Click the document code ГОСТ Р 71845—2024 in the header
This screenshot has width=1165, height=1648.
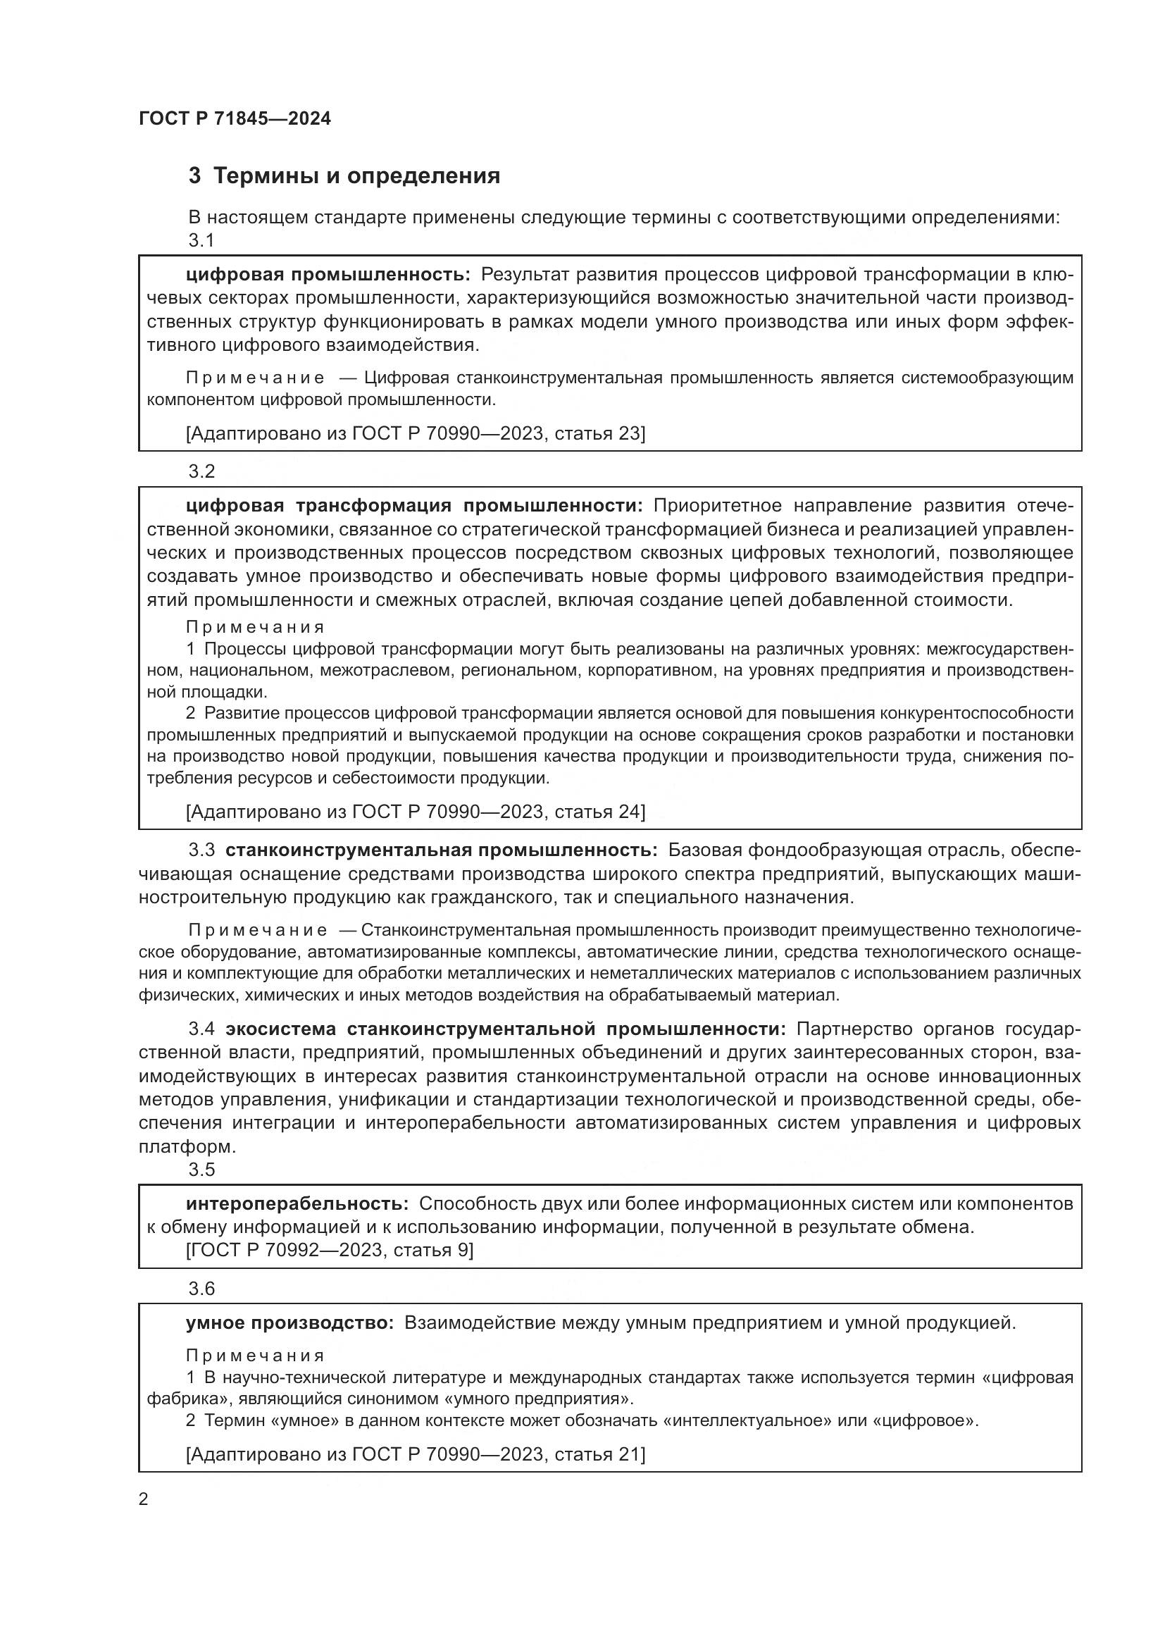coord(235,119)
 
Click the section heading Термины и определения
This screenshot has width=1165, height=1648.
coord(344,176)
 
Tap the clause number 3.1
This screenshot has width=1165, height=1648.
coord(201,240)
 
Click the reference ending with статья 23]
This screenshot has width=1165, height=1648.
coord(416,433)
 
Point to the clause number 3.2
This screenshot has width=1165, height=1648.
coord(201,471)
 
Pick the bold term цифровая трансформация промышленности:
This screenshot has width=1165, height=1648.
coord(415,506)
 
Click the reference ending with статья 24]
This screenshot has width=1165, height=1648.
coord(416,812)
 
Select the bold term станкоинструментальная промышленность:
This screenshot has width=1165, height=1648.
coord(441,850)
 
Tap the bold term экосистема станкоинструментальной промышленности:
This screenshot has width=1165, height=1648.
coord(506,1029)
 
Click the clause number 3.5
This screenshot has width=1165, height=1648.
coord(201,1170)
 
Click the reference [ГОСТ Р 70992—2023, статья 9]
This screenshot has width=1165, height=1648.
coord(329,1251)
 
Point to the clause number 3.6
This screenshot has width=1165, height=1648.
coord(201,1289)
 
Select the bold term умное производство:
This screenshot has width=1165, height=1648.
coord(289,1323)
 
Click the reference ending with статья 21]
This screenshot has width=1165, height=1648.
coord(416,1454)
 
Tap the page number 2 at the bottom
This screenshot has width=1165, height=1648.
coord(144,1499)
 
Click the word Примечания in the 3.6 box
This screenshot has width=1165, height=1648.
coord(256,1356)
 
